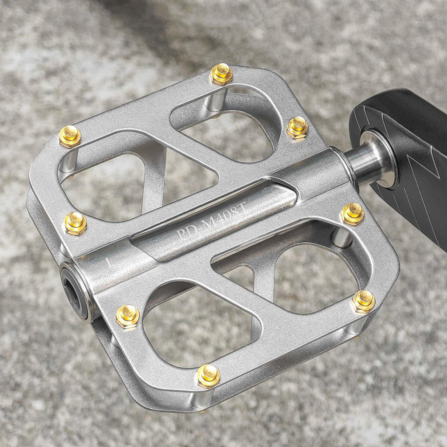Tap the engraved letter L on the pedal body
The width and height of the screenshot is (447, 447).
(109, 262)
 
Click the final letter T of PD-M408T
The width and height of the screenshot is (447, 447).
(241, 207)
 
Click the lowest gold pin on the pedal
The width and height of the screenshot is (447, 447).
(209, 376)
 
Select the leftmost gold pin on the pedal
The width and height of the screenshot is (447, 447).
(70, 137)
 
